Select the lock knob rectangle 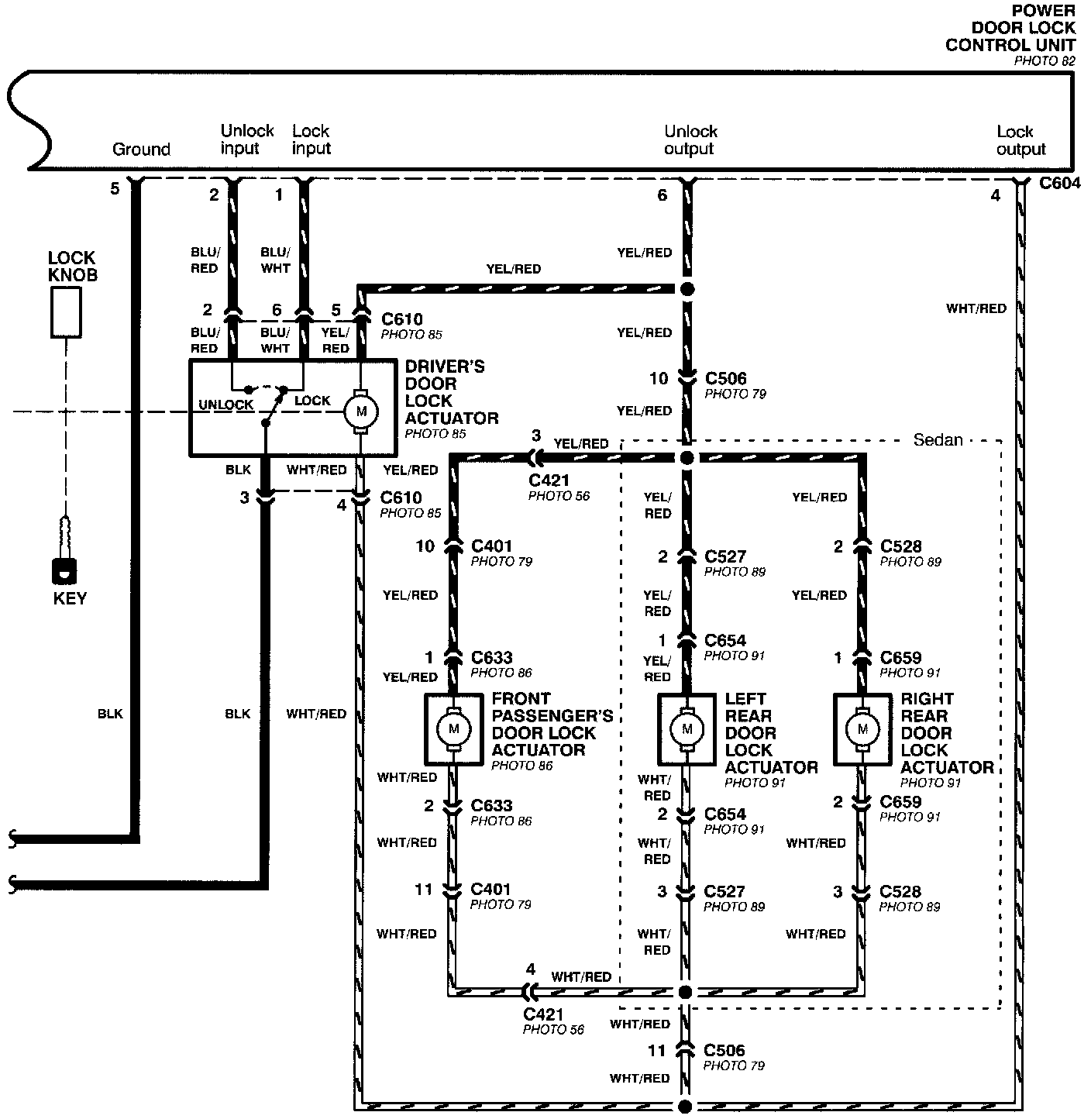tap(66, 312)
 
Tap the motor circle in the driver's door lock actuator tap(361, 411)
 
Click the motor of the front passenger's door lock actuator tap(454, 729)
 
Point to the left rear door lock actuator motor tap(687, 729)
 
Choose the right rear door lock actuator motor tap(862, 729)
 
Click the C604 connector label tap(1060, 183)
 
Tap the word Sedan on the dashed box tap(938, 440)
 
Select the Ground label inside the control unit tap(142, 149)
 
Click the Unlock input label tap(247, 139)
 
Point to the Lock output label tap(1020, 140)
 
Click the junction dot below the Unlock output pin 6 tap(687, 289)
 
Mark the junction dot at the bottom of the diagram tap(685, 1106)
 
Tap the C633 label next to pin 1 tap(491, 657)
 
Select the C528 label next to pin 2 tap(900, 546)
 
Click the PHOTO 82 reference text tap(1045, 61)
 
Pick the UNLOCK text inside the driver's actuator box tap(225, 405)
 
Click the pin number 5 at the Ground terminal tap(115, 188)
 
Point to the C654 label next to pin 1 tap(725, 641)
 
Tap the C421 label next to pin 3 tap(549, 480)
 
